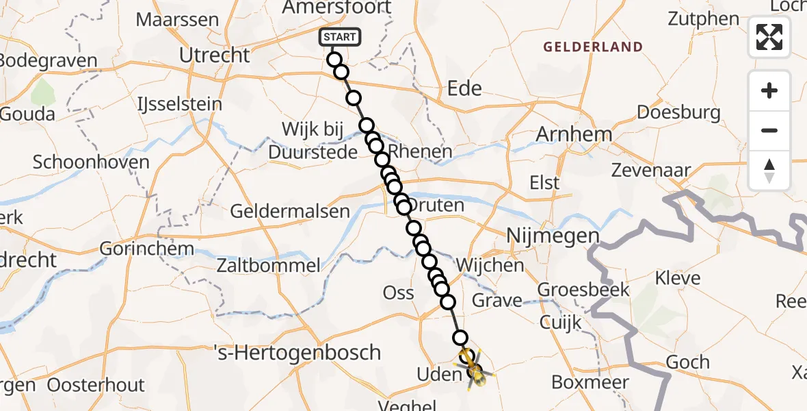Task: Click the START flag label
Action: pos(339,36)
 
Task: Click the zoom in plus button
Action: pos(769,90)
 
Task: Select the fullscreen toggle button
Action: pos(769,37)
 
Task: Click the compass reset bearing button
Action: pos(769,170)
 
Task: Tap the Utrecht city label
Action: pos(214,55)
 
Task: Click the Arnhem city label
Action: pos(573,134)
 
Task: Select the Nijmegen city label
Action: pos(552,236)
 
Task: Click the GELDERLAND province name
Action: pos(593,47)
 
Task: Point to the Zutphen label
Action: pos(704,19)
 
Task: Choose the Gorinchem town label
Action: pos(146,248)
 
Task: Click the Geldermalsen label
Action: pos(290,211)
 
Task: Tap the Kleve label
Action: pos(678,278)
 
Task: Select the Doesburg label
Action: pos(678,112)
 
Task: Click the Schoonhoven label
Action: pos(91,162)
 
